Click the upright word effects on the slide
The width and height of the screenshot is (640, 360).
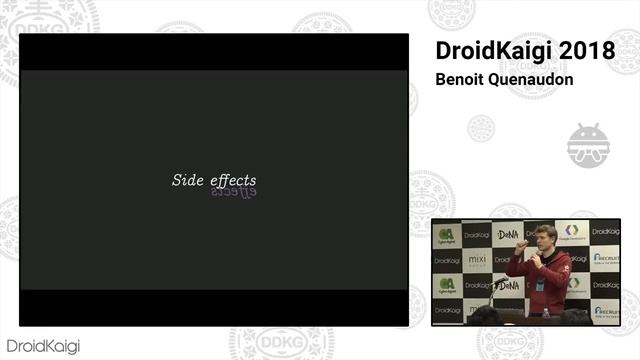coord(233,180)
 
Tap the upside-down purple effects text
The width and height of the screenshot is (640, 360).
coord(233,191)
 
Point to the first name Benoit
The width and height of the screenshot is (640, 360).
coord(463,79)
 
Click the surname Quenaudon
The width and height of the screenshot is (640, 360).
coord(538,79)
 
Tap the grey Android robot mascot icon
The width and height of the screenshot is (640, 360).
coord(588,146)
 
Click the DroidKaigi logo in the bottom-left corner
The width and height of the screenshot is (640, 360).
coord(41,346)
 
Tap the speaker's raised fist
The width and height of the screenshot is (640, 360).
coord(521,244)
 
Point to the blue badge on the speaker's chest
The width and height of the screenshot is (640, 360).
coord(541,285)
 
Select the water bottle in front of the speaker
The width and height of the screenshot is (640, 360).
coord(545,312)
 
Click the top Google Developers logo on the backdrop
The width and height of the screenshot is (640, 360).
coord(572,232)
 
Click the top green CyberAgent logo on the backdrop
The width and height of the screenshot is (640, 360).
coord(446,234)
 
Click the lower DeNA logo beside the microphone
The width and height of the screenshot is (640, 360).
coord(508,285)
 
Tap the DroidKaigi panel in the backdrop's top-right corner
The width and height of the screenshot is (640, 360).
coord(605,232)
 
